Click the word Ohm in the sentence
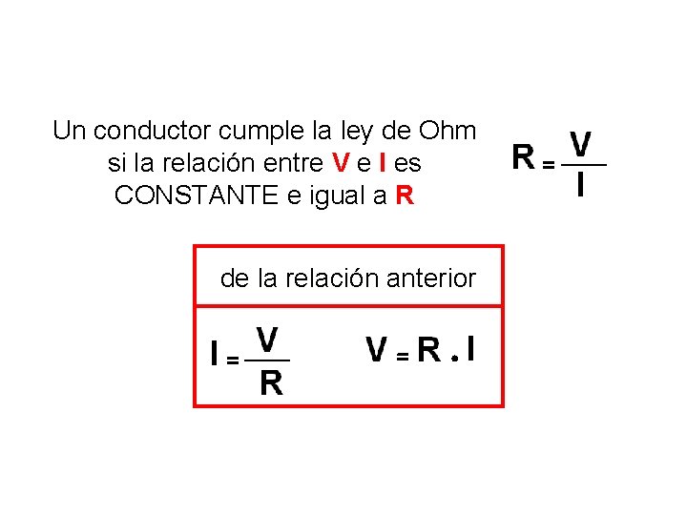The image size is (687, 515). (448, 130)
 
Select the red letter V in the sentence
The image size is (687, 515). (341, 163)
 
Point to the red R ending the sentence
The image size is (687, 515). (405, 196)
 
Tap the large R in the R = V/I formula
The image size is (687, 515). (523, 155)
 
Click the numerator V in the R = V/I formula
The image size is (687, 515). (580, 145)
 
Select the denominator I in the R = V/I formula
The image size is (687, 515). (581, 184)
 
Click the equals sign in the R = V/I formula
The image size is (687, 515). (548, 165)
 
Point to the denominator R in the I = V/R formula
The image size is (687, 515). (271, 382)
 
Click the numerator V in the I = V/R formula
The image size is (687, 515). (268, 340)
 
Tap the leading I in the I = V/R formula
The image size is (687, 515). (216, 355)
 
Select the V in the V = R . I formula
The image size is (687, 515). (378, 350)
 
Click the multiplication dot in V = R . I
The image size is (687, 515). (455, 360)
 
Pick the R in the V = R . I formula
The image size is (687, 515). (429, 350)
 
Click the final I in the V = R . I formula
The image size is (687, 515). (471, 350)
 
